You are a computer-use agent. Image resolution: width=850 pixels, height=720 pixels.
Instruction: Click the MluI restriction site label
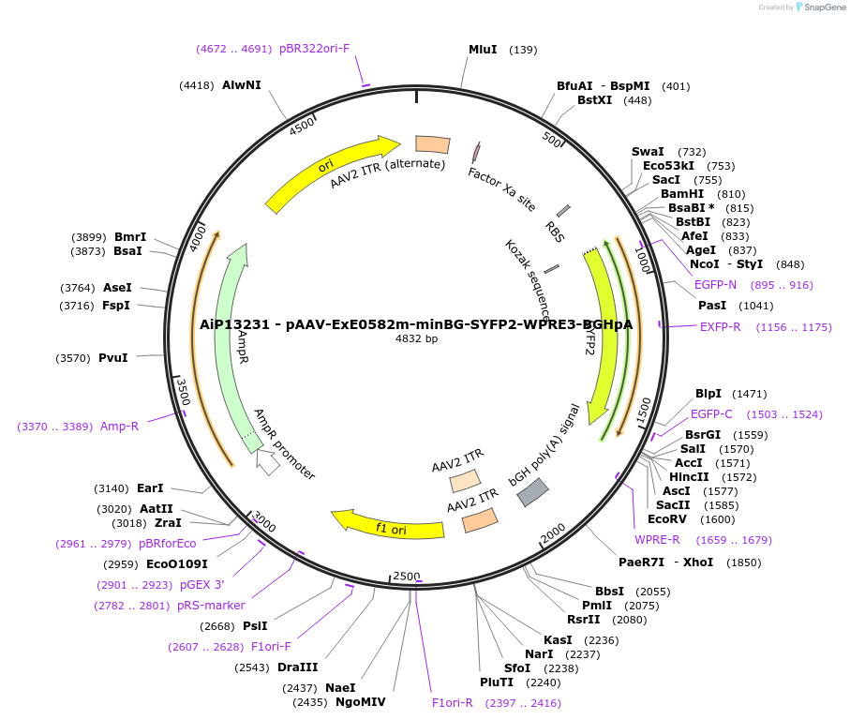tap(483, 49)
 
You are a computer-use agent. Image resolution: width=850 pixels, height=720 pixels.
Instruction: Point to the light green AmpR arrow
tap(228, 337)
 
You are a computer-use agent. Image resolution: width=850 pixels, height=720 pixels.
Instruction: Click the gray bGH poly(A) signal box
tap(533, 492)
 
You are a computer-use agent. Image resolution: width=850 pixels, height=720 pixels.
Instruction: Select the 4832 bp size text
tap(416, 339)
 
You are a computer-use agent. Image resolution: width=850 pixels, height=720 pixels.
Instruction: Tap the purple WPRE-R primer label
tap(657, 539)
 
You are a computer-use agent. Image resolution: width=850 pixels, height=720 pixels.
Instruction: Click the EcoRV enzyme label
tap(666, 519)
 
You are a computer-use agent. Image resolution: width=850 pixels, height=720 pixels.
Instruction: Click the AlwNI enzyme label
tap(242, 85)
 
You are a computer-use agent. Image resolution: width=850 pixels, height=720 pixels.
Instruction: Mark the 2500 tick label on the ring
tap(407, 575)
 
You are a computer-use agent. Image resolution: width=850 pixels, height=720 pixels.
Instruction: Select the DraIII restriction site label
tap(297, 667)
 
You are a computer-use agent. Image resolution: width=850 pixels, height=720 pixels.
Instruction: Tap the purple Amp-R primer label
tap(119, 427)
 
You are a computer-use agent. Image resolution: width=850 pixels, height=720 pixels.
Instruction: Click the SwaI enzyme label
tap(648, 152)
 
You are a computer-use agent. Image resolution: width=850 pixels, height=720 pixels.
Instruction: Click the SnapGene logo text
tap(823, 7)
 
